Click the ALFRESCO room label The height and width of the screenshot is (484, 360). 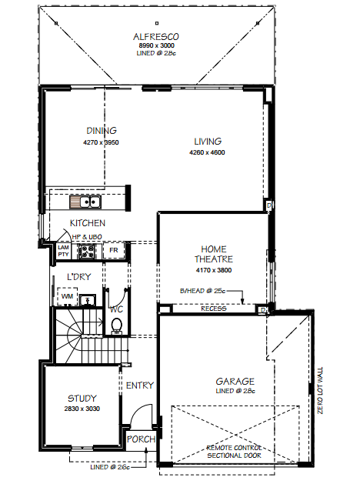click(156, 37)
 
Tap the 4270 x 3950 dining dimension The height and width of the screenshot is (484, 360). click(101, 142)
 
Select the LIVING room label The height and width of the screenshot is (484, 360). click(208, 142)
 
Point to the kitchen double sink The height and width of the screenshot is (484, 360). click(85, 202)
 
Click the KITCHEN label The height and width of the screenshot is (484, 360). click(87, 223)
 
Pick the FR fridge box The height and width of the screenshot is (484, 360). click(114, 250)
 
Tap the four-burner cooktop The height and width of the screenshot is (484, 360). click(87, 251)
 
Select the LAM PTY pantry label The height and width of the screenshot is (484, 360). click(63, 251)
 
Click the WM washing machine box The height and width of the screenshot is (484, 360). click(67, 296)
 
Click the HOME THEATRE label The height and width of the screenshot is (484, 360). click(214, 254)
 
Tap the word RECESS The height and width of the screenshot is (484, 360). click(214, 309)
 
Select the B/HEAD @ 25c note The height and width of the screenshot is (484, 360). click(202, 291)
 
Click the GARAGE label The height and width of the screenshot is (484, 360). click(235, 381)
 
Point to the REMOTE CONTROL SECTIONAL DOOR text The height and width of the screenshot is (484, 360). click(234, 452)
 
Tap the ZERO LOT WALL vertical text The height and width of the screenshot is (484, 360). click(320, 390)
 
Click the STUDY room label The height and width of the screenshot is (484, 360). click(82, 398)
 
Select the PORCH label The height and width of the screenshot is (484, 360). click(141, 439)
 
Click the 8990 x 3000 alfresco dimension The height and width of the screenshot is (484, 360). click(156, 45)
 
